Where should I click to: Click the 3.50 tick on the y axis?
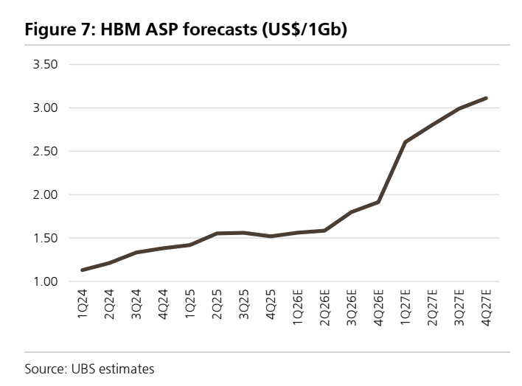coord(45,64)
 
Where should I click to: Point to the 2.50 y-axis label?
coord(45,152)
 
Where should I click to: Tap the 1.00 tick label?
coord(45,282)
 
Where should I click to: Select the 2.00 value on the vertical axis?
coord(45,194)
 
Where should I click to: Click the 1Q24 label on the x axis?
coord(83,303)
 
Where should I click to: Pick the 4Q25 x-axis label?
coord(271,304)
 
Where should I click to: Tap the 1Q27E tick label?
coord(406,307)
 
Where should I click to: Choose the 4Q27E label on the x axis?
coord(486,308)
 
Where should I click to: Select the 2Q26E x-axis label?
coord(324,308)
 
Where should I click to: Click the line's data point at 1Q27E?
coord(406,142)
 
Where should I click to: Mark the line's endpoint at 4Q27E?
coord(486,99)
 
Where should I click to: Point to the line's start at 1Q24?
coord(83,270)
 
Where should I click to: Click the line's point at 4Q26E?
coord(378,202)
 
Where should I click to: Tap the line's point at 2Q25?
coord(217,234)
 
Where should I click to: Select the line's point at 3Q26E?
coord(352,211)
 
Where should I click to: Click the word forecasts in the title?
coord(220,29)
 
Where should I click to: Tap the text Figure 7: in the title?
coord(60,29)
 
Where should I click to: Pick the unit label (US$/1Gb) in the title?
coord(304,30)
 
